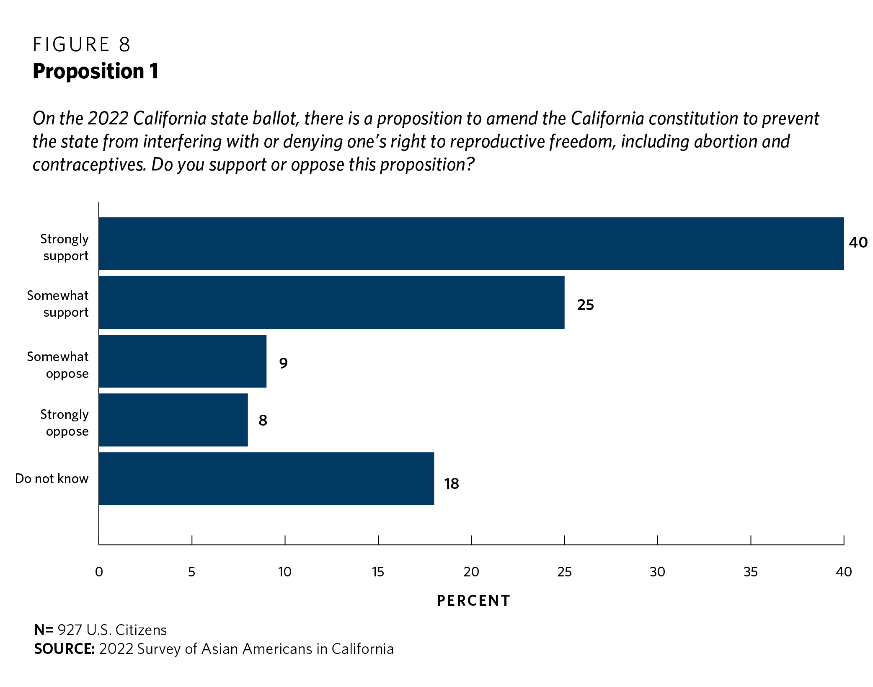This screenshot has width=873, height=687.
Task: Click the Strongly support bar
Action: [x=471, y=243]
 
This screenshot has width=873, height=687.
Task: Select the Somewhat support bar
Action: [x=331, y=302]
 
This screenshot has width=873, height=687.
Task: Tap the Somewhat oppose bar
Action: [x=182, y=361]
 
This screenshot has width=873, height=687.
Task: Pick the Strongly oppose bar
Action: [x=173, y=420]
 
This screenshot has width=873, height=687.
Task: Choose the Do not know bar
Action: [x=266, y=478]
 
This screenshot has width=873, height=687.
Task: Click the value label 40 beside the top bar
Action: [x=858, y=243]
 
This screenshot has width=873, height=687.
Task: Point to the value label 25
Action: [x=585, y=305]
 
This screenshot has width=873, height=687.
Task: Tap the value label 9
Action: [x=283, y=363]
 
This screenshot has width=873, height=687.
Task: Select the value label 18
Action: [x=452, y=484]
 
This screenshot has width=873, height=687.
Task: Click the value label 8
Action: [x=263, y=420]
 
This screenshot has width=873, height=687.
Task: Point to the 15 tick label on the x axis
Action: [x=378, y=572]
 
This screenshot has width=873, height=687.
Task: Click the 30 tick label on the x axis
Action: [x=657, y=572]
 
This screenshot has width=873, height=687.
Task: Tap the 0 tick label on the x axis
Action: [x=99, y=572]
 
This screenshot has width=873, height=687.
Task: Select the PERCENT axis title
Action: [x=473, y=601]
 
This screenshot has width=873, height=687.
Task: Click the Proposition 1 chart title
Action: [x=96, y=71]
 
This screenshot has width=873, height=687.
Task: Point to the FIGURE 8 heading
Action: [x=82, y=44]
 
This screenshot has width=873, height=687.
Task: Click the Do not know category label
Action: [x=52, y=478]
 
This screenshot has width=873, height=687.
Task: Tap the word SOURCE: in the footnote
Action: [x=65, y=649]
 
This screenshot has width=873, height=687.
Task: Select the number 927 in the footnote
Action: [x=70, y=630]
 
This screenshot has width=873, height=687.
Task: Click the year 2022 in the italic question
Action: [x=107, y=119]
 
